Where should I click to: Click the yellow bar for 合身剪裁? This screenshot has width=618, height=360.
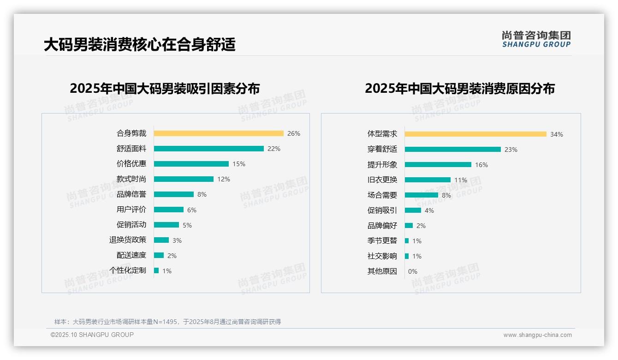point(219,133)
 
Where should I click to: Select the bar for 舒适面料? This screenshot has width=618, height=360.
point(208,149)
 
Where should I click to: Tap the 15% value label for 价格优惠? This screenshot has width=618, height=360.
point(239,164)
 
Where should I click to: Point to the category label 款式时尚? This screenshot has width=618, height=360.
point(131,179)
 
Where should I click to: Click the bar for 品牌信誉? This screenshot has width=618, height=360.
point(174,194)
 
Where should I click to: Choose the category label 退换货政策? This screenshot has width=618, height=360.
point(127,240)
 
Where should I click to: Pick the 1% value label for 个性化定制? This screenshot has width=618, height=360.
point(166,271)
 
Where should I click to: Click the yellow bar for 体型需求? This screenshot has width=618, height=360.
point(475,134)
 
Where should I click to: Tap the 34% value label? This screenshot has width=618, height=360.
point(556,134)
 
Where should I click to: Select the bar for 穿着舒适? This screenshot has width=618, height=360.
point(452,150)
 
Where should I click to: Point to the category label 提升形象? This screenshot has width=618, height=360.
point(382,165)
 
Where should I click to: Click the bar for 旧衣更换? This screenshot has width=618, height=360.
point(428,180)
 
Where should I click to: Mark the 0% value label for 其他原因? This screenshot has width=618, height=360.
point(412,271)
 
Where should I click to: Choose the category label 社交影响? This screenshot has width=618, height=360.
point(382,256)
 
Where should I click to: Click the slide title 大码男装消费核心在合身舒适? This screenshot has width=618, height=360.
point(139,44)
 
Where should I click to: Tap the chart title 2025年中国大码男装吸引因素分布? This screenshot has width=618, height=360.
point(165,88)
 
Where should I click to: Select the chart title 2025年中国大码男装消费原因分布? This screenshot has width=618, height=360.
point(459,88)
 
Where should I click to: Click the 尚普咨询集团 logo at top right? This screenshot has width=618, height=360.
point(536,39)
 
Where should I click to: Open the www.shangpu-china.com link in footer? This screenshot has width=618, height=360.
point(537,335)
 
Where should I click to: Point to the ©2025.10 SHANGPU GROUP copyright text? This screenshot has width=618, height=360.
point(92,335)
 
